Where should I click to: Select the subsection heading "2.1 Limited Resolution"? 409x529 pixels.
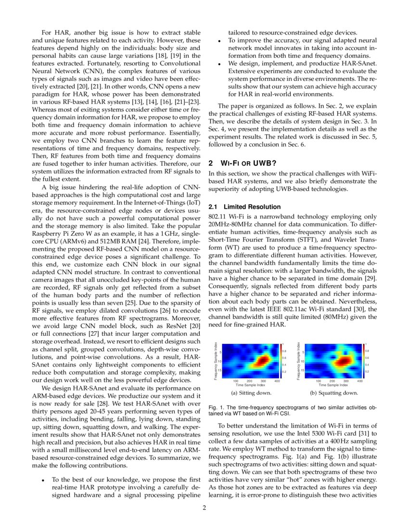[243, 207]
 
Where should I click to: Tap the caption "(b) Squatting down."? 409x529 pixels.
[334, 393]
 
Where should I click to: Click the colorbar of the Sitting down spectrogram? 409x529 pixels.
[281, 361]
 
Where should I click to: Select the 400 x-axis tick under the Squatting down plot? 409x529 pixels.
[360, 381]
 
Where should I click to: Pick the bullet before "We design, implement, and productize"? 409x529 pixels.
[219, 63]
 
